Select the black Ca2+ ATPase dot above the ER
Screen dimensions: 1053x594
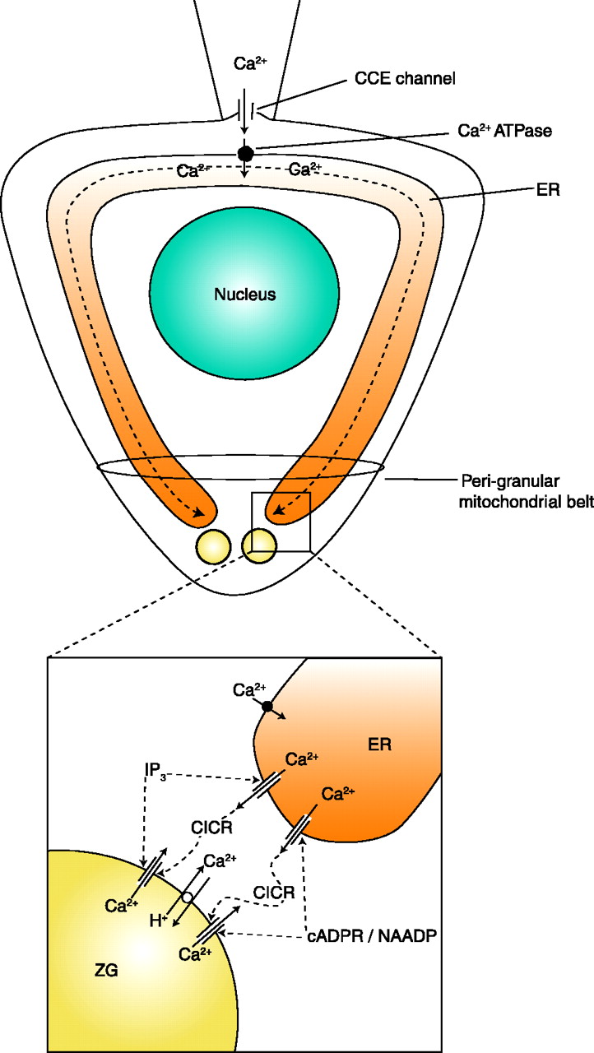pos(245,152)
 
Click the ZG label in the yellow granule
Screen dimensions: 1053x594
pos(104,972)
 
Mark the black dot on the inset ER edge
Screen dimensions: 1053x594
pos(267,705)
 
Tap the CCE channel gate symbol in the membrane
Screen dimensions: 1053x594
pos(245,109)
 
